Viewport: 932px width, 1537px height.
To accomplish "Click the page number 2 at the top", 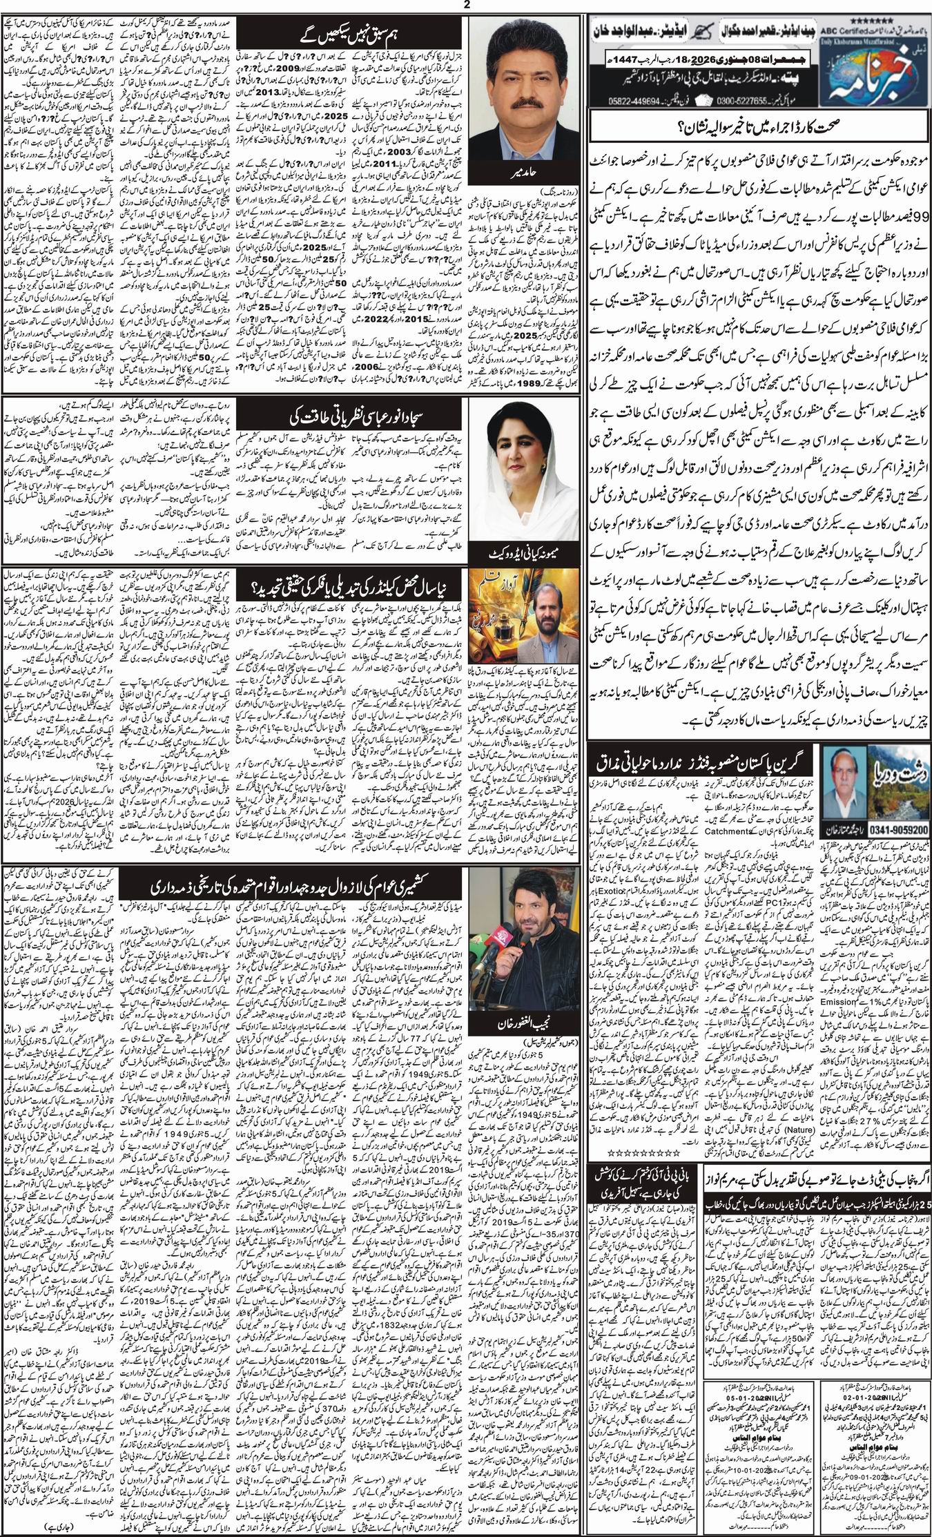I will tap(466, 6).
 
